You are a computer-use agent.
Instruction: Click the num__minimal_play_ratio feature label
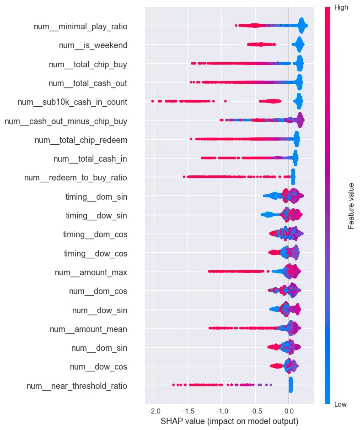pos(81,27)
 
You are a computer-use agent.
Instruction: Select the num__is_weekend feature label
pos(93,45)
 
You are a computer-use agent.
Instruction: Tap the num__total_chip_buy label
pos(88,65)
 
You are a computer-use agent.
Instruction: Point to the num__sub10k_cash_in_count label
pos(72,102)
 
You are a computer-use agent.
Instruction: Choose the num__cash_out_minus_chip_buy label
pos(65,121)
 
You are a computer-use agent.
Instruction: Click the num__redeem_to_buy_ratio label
pos(75,178)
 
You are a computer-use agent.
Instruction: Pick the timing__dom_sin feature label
pos(96,197)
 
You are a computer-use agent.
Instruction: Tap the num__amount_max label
pos(91,272)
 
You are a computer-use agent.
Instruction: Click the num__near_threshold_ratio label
pos(77,386)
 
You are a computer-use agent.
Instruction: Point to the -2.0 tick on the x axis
pos(154,409)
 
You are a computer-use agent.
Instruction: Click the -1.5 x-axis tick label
pos(187,409)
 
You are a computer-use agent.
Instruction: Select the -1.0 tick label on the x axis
pos(221,409)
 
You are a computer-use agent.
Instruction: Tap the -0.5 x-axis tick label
pos(255,409)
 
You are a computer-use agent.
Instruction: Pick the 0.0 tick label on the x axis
pos(289,409)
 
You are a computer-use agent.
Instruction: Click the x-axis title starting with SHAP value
pos(229,420)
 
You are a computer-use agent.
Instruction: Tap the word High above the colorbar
pos(341,8)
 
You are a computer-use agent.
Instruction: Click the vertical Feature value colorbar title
pos(351,206)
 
